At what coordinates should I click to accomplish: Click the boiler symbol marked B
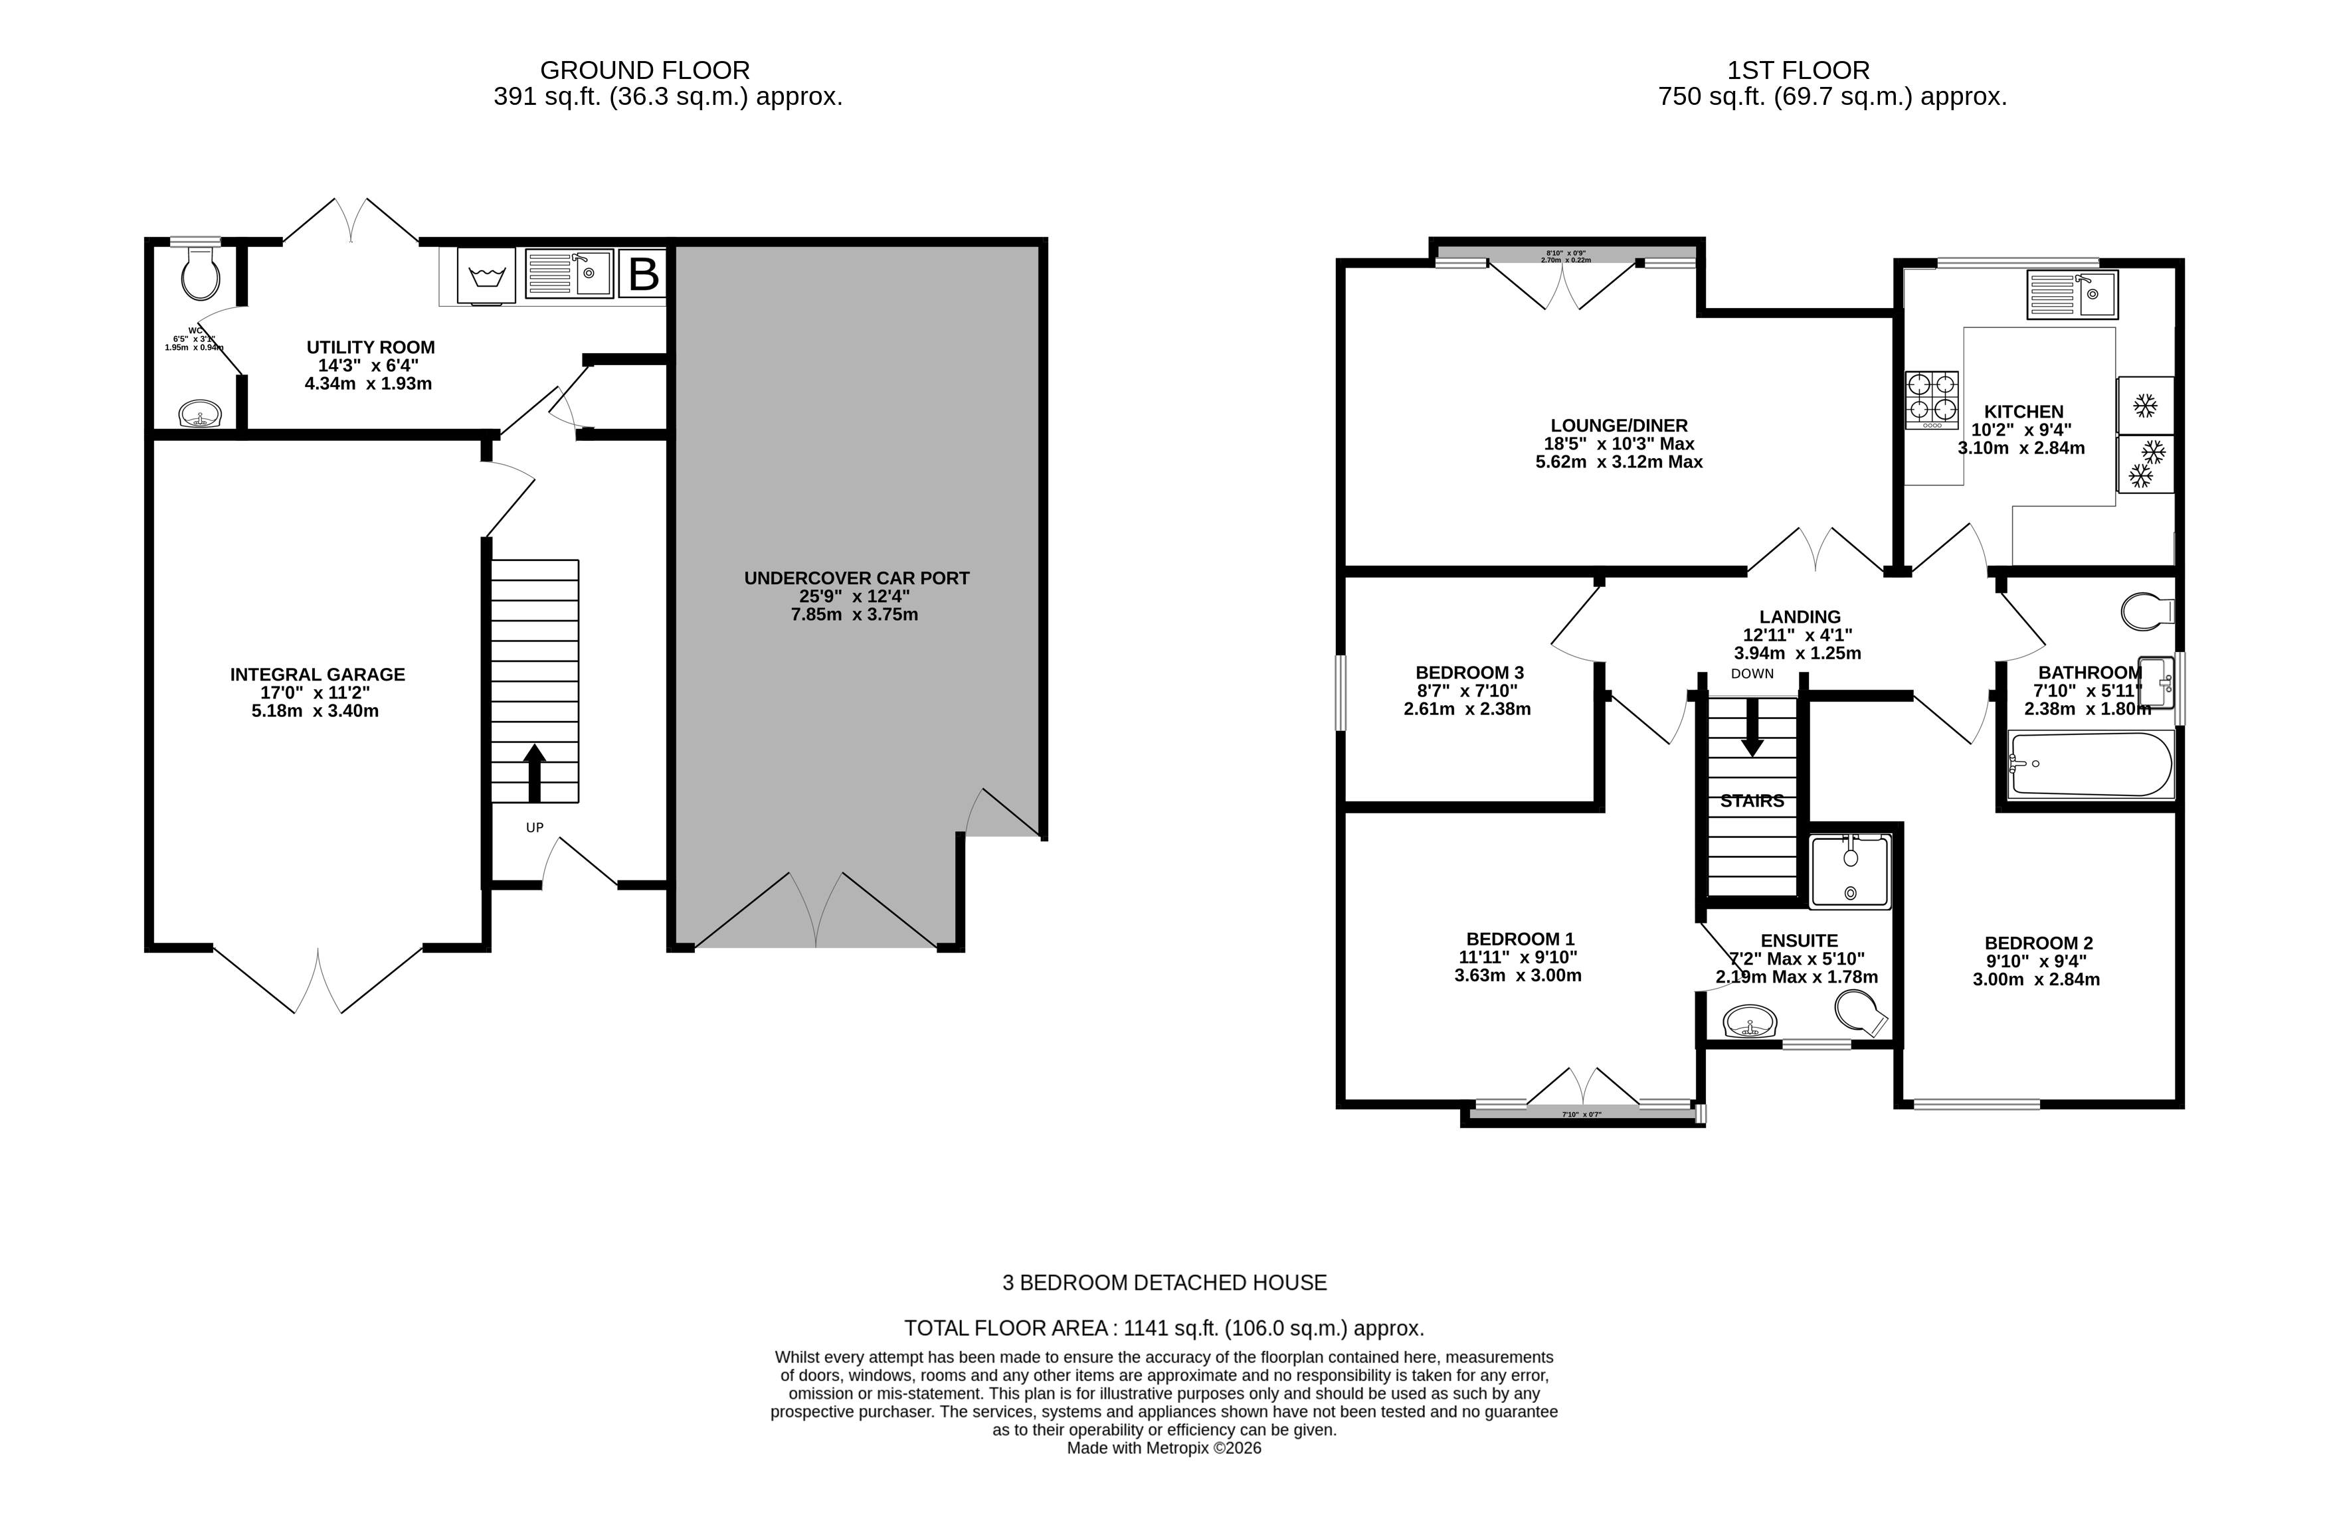pyautogui.click(x=643, y=274)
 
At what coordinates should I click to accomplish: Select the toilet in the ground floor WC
pyautogui.click(x=201, y=274)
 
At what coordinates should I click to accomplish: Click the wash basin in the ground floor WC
pyautogui.click(x=201, y=415)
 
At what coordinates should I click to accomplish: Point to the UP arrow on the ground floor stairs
pyautogui.click(x=534, y=773)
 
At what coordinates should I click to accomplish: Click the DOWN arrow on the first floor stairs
pyautogui.click(x=1752, y=729)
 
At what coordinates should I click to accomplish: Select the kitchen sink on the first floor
pyautogui.click(x=2072, y=295)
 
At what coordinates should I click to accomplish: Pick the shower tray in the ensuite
pyautogui.click(x=1849, y=870)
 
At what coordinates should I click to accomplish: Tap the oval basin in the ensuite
pyautogui.click(x=1750, y=1023)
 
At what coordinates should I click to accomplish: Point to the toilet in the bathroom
pyautogui.click(x=2145, y=611)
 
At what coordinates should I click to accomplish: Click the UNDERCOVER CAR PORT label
pyautogui.click(x=856, y=578)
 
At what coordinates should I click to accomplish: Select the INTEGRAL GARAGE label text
pyautogui.click(x=317, y=674)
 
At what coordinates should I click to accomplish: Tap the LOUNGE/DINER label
pyautogui.click(x=1619, y=426)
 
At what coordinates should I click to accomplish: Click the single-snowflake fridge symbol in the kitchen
pyautogui.click(x=2145, y=405)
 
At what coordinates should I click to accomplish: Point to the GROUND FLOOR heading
pyautogui.click(x=645, y=70)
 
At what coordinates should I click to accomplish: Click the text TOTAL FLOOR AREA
pyautogui.click(x=1006, y=1328)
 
